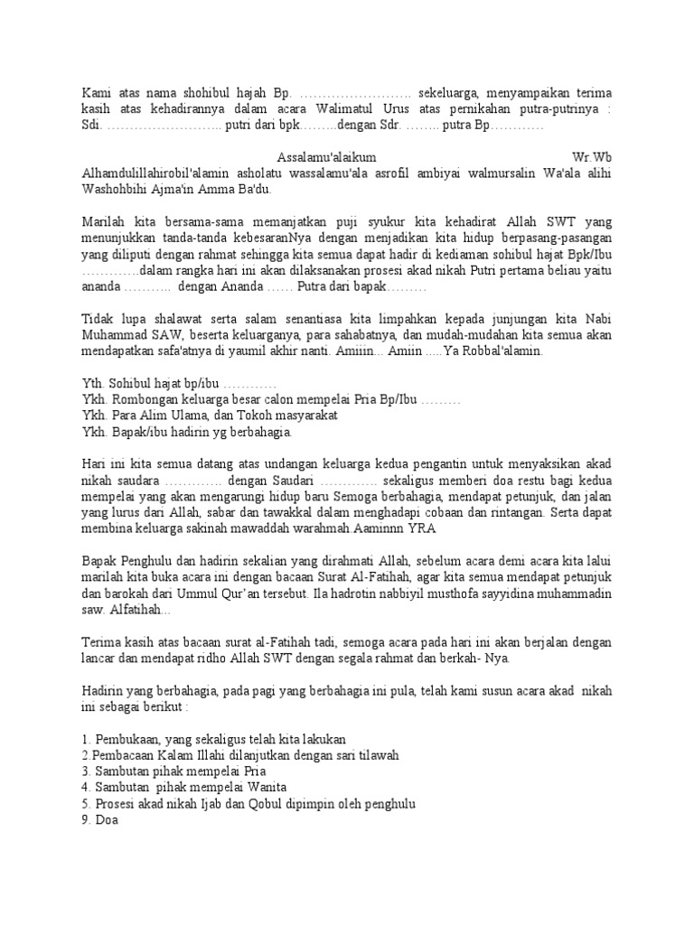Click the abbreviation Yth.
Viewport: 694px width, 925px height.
coord(91,384)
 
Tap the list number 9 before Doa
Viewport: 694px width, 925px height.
coord(85,821)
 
